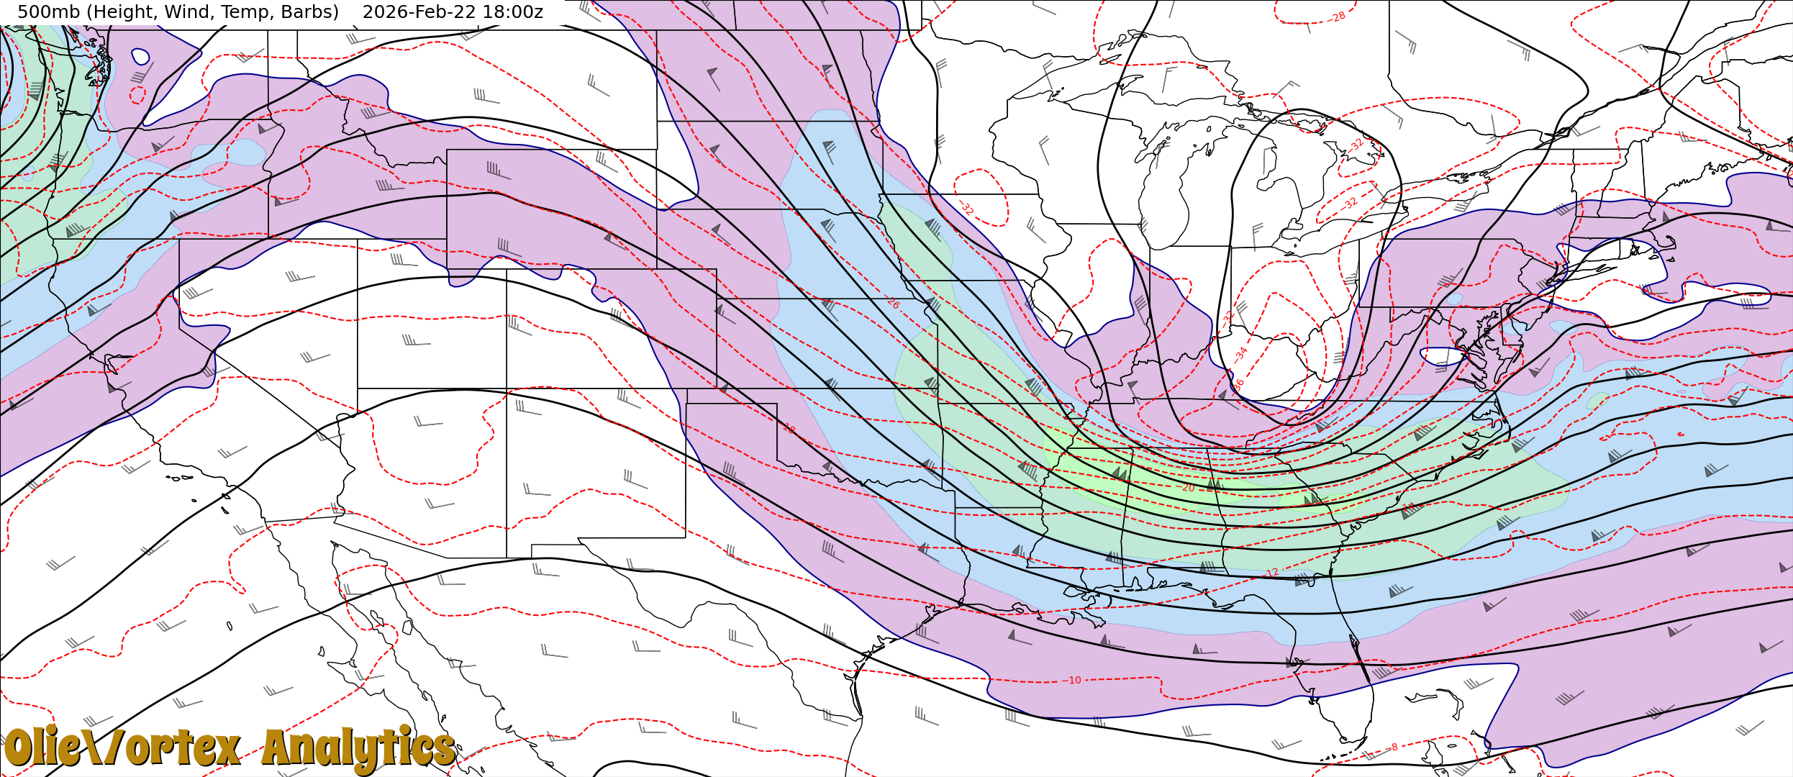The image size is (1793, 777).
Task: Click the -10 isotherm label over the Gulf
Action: click(x=1073, y=680)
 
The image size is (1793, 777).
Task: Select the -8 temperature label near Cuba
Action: click(x=1393, y=748)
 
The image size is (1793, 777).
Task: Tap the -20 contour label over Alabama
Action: click(x=1186, y=488)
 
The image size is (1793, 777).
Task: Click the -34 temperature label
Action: click(x=1241, y=353)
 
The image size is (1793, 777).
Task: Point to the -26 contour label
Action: click(x=892, y=303)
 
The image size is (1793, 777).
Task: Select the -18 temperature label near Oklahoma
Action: click(x=789, y=429)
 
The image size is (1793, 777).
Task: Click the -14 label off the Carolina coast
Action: click(x=1408, y=506)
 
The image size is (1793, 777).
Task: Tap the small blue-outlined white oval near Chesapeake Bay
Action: click(x=1443, y=355)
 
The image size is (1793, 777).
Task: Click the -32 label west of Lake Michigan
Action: click(x=967, y=209)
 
